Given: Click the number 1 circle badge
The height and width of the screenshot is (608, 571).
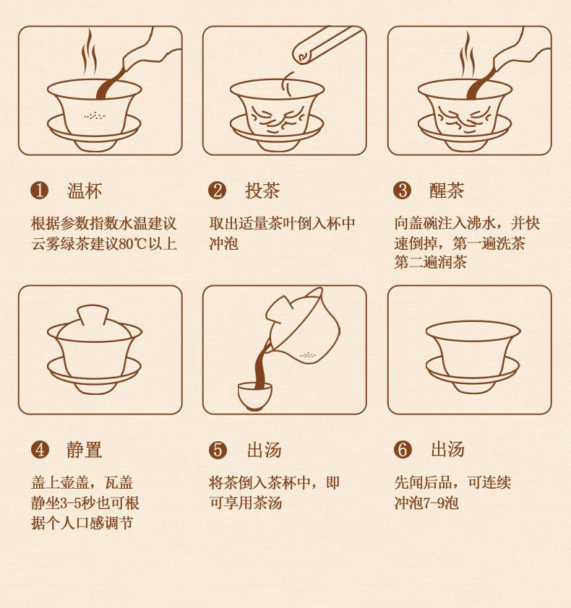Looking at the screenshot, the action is pyautogui.click(x=39, y=191).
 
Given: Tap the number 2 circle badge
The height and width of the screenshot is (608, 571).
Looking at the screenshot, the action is pyautogui.click(x=217, y=191).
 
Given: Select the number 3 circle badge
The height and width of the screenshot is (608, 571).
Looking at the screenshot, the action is pyautogui.click(x=402, y=191).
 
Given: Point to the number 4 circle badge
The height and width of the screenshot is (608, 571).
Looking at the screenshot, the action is pyautogui.click(x=40, y=450).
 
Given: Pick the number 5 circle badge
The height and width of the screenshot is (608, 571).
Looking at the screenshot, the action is pyautogui.click(x=218, y=450).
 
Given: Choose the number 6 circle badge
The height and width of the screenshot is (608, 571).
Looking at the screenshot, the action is pyautogui.click(x=403, y=450).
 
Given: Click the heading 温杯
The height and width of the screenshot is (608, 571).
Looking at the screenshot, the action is pyautogui.click(x=85, y=191).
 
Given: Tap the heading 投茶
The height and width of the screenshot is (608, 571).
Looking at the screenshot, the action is pyautogui.click(x=262, y=191).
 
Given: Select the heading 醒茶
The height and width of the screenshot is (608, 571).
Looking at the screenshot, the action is pyautogui.click(x=447, y=191).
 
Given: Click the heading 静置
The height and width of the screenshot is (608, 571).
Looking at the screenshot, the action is pyautogui.click(x=85, y=450).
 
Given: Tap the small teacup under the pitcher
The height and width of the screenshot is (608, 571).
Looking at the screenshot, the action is pyautogui.click(x=254, y=396).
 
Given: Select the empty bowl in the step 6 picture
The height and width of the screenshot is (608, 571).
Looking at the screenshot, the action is pyautogui.click(x=473, y=357).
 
